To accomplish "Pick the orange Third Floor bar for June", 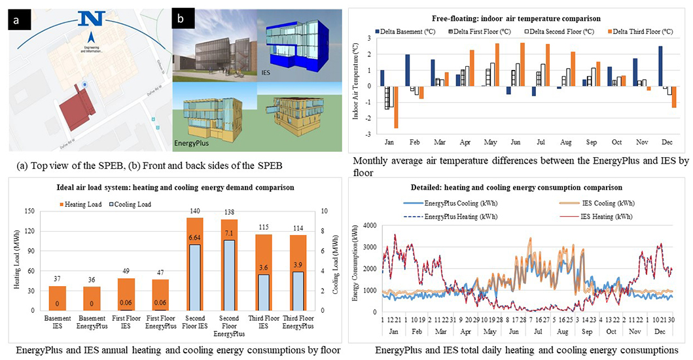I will pyautogui.click(x=522, y=64).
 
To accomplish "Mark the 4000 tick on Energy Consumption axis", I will pyautogui.click(x=370, y=226).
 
